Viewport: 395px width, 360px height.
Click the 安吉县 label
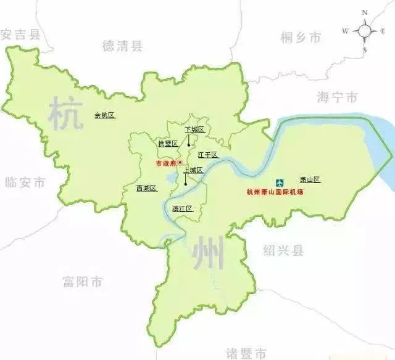pyautogui.click(x=20, y=35)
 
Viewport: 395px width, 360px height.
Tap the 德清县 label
pyautogui.click(x=122, y=45)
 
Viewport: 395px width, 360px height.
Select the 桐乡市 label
pyautogui.click(x=301, y=38)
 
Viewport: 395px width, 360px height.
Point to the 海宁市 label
pyautogui.click(x=336, y=98)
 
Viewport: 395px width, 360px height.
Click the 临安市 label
pyautogui.click(x=25, y=182)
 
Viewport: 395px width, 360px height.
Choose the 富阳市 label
pyautogui.click(x=83, y=282)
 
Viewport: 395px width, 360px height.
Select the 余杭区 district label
pyautogui.click(x=104, y=115)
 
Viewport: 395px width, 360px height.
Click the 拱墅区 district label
pyautogui.click(x=167, y=143)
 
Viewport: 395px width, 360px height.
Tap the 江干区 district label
pyautogui.click(x=208, y=154)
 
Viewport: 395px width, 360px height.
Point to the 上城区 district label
pyautogui.click(x=193, y=170)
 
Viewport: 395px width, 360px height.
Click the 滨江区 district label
pyautogui.click(x=183, y=208)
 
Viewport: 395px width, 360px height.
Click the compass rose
pyautogui.click(x=365, y=31)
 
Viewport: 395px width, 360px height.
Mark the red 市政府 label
pyautogui.click(x=165, y=163)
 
